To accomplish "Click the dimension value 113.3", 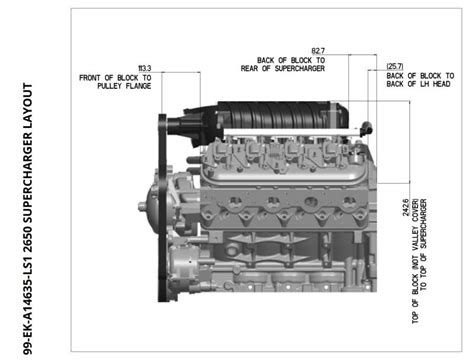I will pos(144,68).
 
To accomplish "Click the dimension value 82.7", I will pos(319,50).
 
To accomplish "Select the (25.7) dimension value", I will pos(395,67).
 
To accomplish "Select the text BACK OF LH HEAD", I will pos(421,86).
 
